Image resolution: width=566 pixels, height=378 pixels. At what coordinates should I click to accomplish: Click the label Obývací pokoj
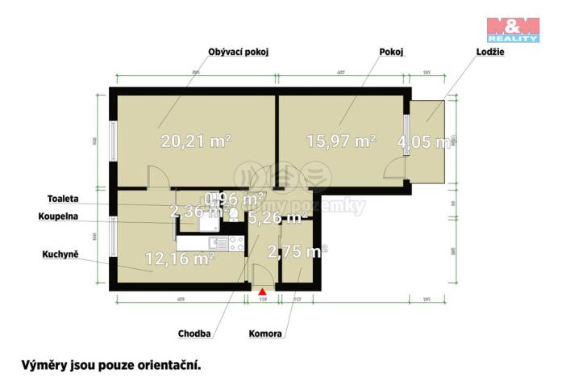238,52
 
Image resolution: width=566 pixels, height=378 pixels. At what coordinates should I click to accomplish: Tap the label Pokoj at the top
391,52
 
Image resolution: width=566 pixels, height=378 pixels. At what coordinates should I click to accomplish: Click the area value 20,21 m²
196,141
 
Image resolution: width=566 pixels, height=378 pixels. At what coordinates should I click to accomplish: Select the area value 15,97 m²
341,141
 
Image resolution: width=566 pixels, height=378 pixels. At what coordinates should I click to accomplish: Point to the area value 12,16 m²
179,259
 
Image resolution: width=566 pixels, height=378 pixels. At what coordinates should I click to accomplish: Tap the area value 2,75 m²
297,251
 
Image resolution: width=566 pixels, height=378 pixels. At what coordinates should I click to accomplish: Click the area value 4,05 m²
423,143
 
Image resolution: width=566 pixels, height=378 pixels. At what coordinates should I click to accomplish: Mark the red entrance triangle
261,291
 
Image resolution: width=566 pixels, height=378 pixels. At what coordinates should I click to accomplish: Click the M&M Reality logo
513,28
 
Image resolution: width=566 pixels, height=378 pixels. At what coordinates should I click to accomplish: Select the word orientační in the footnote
164,364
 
